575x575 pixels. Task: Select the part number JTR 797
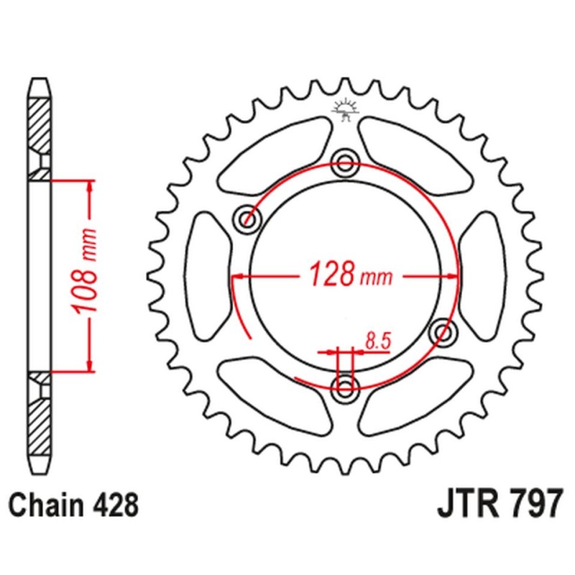pyautogui.click(x=497, y=505)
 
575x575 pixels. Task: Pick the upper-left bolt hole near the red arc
pyautogui.click(x=249, y=217)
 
